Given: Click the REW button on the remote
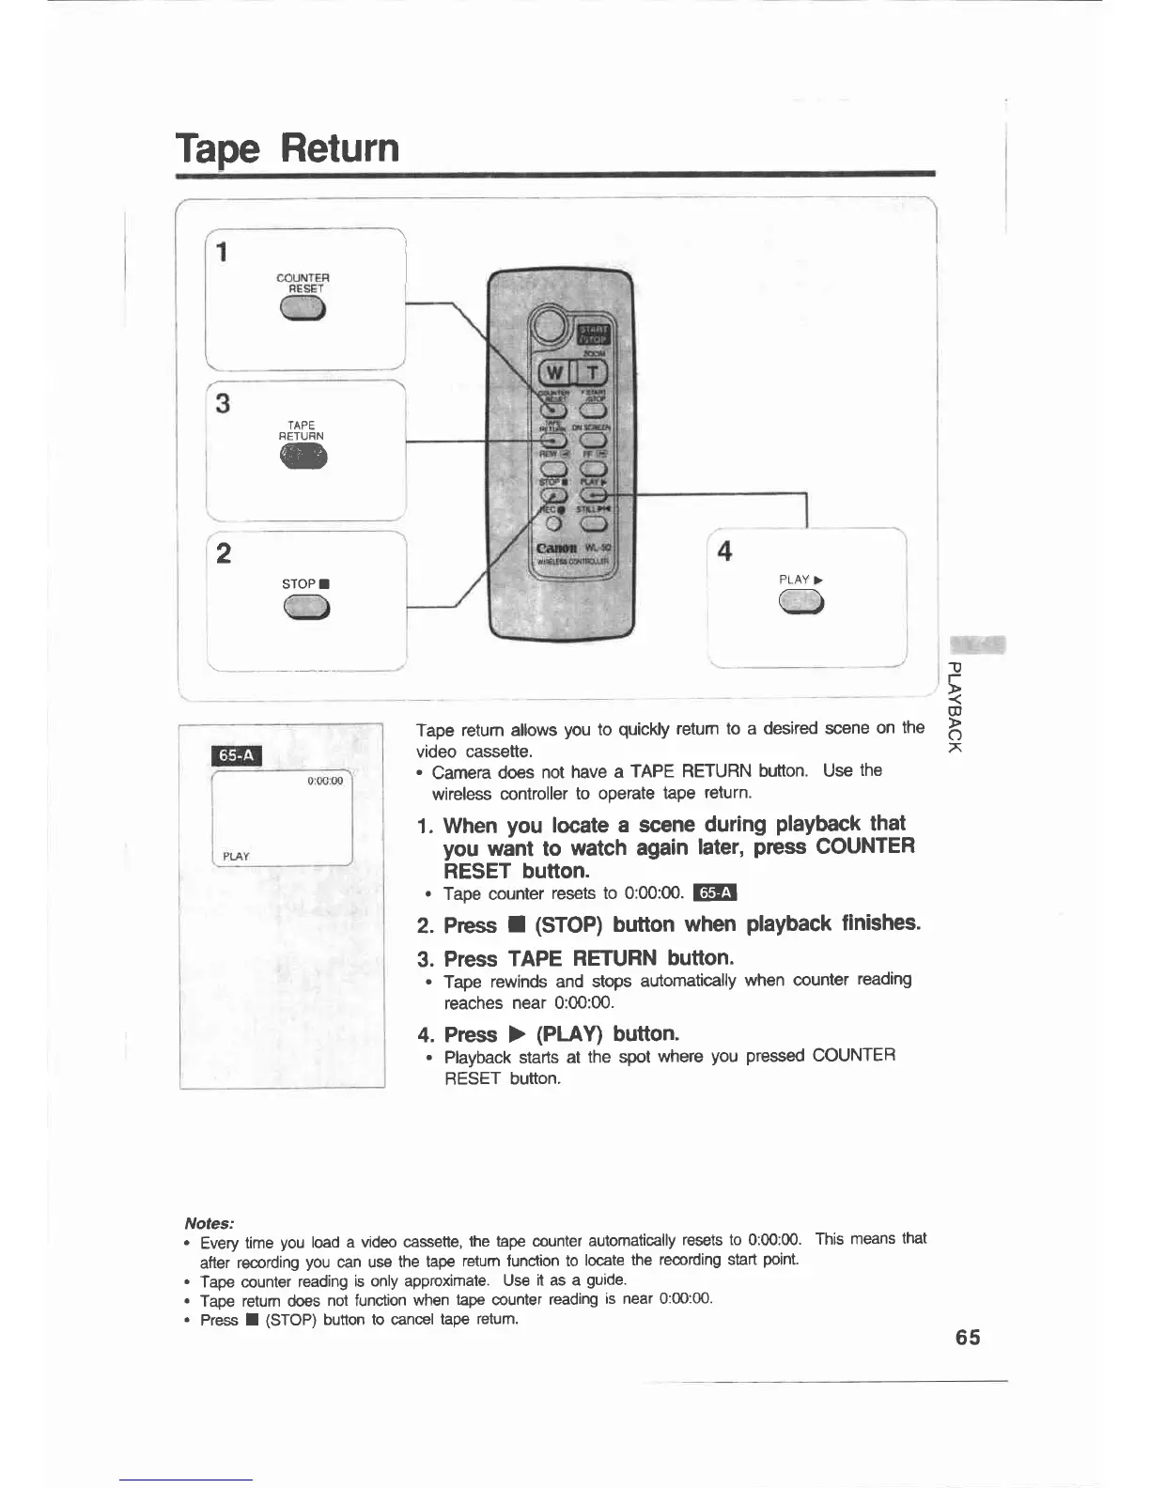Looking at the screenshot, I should click(x=552, y=468).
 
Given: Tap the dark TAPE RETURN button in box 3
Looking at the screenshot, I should click(x=303, y=457).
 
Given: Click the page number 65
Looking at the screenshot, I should click(x=968, y=1337).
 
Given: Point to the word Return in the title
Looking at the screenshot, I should click(x=340, y=147).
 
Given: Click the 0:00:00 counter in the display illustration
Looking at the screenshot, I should click(x=326, y=781).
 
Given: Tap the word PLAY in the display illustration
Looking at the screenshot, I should click(x=237, y=856).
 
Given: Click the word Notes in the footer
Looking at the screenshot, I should click(x=209, y=1223).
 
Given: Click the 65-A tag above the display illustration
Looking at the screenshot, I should click(x=239, y=755).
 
